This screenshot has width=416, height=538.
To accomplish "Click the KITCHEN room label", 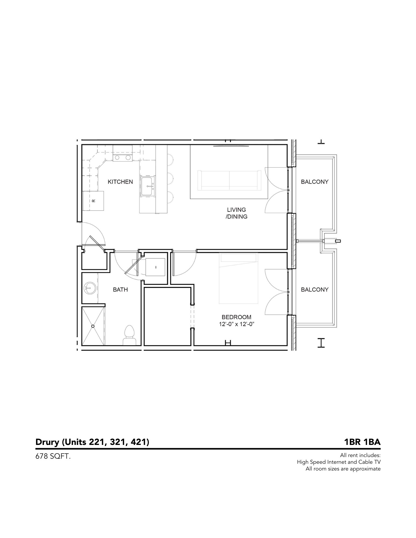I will [x=120, y=182].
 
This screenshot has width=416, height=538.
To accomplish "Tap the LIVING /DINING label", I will [x=236, y=213].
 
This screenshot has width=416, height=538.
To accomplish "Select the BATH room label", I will [x=120, y=290].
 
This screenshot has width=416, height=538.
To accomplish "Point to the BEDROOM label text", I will [x=236, y=317].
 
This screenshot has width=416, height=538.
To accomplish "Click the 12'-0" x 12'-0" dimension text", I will [x=237, y=324].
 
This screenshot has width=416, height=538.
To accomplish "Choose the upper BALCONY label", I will [x=314, y=182].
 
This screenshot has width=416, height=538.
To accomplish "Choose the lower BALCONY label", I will [x=314, y=290].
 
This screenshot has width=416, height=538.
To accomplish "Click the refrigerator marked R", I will [x=93, y=201].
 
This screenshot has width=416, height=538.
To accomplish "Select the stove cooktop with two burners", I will [x=122, y=157].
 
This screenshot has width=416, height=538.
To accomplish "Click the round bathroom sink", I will [x=90, y=289].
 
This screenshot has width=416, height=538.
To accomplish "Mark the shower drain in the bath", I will [x=93, y=326].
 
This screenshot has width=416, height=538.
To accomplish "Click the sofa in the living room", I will [x=229, y=180].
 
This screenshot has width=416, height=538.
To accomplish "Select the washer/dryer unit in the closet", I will [x=155, y=267].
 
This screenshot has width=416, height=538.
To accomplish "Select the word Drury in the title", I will [x=47, y=442].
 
